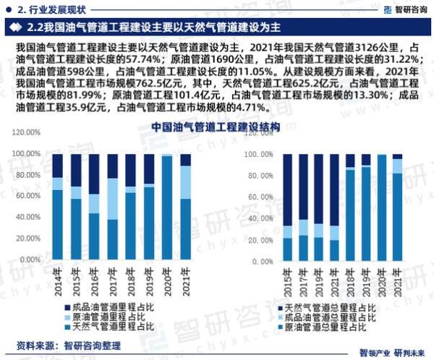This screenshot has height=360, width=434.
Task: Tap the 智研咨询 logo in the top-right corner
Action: pyautogui.click(x=399, y=9)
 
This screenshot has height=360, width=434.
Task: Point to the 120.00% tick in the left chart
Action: pyautogui.click(x=28, y=132)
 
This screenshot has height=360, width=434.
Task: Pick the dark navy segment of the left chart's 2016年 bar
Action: pyautogui.click(x=94, y=173)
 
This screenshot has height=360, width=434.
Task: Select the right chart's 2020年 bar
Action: pyautogui.click(x=381, y=207)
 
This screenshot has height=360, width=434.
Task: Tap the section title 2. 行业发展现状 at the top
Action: pyautogui.click(x=55, y=9)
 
